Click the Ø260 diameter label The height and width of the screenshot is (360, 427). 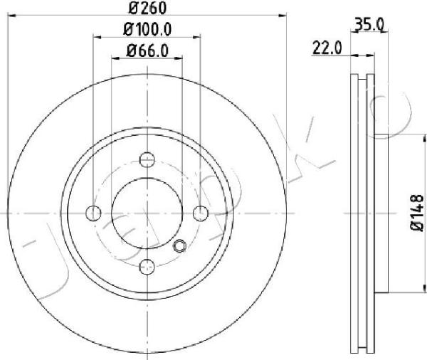(147, 8)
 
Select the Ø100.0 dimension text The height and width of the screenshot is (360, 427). (147, 29)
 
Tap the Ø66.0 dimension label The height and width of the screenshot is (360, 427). (147, 51)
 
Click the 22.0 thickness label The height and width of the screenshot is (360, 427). (327, 48)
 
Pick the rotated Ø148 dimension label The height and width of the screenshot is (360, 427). (417, 213)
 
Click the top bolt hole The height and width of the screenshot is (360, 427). (147, 159)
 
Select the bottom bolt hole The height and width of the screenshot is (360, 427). (147, 267)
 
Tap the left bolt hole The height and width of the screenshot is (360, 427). (93, 213)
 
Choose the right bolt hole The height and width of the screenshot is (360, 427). (201, 213)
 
